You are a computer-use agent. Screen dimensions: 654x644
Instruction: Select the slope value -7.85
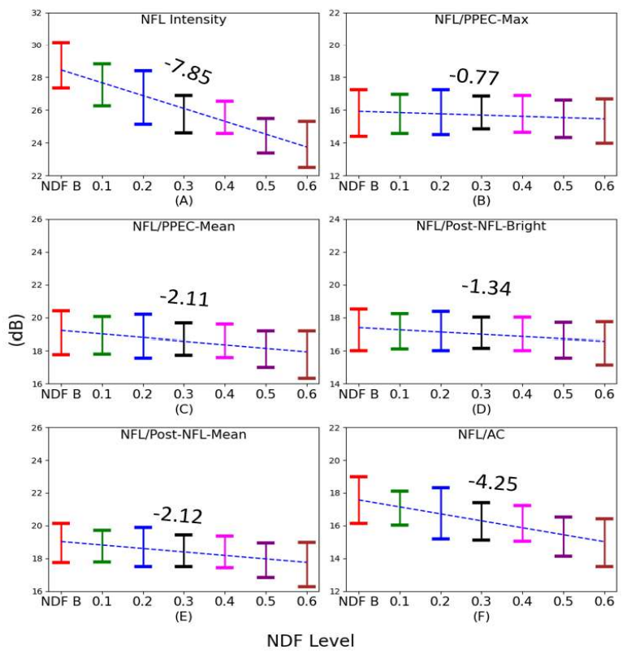(x=188, y=72)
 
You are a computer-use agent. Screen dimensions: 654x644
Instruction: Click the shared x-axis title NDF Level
(x=310, y=641)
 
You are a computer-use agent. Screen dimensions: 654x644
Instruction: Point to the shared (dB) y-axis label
(x=15, y=329)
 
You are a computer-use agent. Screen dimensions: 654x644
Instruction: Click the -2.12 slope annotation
(x=178, y=514)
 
